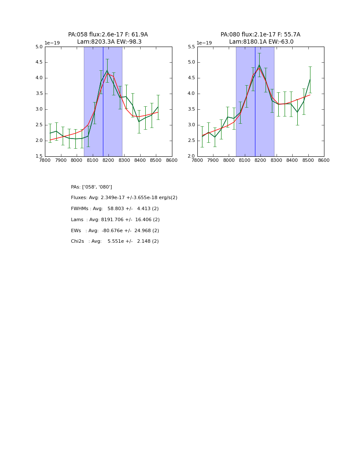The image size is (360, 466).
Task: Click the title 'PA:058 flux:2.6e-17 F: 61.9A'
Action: click(x=108, y=35)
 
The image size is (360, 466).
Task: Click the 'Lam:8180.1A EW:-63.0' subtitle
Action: click(x=261, y=42)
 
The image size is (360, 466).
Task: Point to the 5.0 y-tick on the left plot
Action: click(x=39, y=47)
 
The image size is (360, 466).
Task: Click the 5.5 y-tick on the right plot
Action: click(x=191, y=47)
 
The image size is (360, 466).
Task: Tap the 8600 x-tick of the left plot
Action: click(x=172, y=161)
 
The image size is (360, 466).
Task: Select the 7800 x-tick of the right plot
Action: click(x=197, y=161)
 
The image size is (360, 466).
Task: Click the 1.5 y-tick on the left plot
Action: click(x=39, y=156)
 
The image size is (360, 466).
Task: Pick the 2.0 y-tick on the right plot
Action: click(x=191, y=156)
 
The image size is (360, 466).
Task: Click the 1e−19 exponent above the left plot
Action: click(x=52, y=43)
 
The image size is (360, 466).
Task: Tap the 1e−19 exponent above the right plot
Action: click(x=204, y=43)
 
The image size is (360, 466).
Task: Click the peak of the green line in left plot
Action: click(x=107, y=70)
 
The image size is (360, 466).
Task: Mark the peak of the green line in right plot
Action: click(x=259, y=65)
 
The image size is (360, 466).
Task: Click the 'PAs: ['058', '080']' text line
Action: click(x=91, y=187)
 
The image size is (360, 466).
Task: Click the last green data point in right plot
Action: click(x=310, y=79)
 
